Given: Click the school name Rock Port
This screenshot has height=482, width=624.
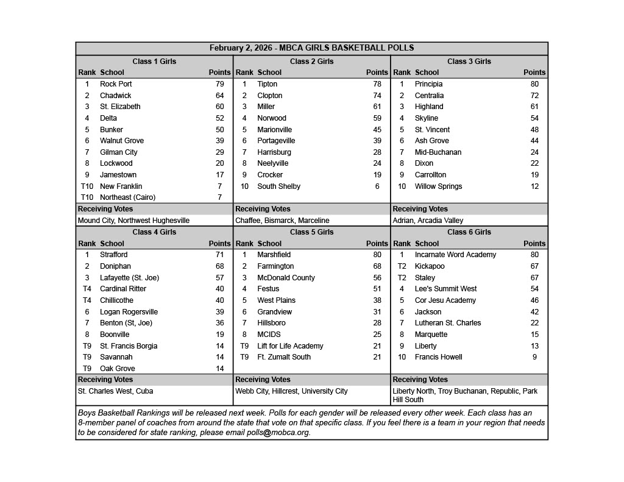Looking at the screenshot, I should pos(116,84).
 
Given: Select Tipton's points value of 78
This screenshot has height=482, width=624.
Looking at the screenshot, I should pos(377,84).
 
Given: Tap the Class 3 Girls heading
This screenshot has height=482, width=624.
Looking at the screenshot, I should pos(469,62).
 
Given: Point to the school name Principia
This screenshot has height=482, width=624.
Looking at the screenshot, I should pos(428,84).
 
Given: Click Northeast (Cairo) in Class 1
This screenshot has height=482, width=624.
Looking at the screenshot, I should pos(127,197).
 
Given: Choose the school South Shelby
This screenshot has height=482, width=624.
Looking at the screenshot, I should pos(278,186).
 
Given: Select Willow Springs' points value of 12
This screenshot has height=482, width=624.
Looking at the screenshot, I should pos(534,186).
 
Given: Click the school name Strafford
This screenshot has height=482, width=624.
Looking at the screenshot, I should pos(114,255).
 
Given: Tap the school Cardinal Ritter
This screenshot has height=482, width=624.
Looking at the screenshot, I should pos(123,289).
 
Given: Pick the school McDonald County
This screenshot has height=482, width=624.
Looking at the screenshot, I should pos(286,278).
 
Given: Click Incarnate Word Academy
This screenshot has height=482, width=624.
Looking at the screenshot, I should pos(455,255).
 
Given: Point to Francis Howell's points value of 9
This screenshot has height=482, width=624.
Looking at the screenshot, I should pos(534,357).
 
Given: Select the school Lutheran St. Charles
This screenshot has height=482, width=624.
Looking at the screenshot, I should pos(448,323).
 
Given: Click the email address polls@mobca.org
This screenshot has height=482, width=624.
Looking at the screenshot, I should pos(285,433).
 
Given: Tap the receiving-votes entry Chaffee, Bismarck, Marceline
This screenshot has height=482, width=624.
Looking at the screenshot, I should pos(282,221).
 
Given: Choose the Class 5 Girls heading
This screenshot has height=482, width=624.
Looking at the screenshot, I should pos(311,232).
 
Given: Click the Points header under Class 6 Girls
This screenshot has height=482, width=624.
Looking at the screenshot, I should pos(534,244).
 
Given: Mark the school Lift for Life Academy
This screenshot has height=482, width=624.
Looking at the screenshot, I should pos(290,346).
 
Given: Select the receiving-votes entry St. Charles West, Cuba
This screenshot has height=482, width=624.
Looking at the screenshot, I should pos(115,391).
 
